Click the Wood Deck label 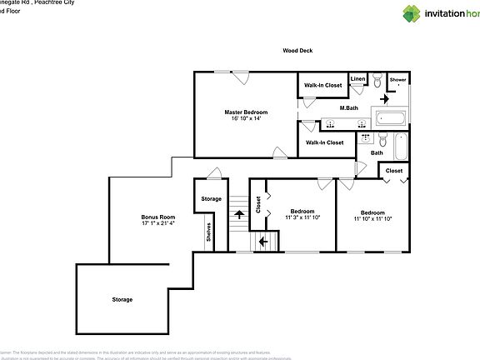coord(297,51)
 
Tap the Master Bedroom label coord(246,111)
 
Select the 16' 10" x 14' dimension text coord(246,118)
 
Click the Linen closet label coord(357,79)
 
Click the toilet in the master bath coord(378,81)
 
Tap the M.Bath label coord(349,108)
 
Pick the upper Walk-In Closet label coord(322,85)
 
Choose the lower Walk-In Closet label coord(324,142)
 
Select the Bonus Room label coord(157,217)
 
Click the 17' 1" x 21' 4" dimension coord(157,223)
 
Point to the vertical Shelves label coord(209,234)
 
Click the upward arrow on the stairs coord(238,216)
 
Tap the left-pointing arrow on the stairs coord(264,242)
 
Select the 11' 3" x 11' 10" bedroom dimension coord(302,217)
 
